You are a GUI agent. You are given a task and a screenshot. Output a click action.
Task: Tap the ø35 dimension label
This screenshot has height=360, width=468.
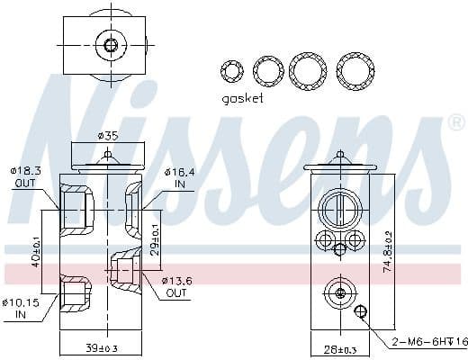point(108,135)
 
